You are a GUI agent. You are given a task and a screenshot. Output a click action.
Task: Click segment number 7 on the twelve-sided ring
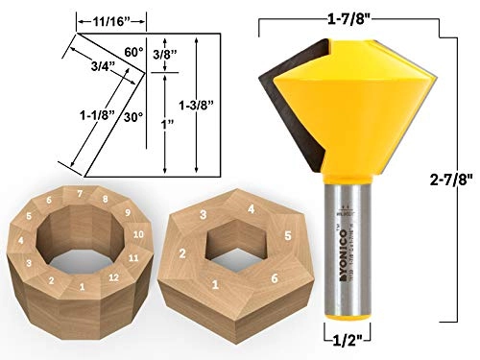pos(80,195)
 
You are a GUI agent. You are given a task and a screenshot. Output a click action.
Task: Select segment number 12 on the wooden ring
pos(113,278)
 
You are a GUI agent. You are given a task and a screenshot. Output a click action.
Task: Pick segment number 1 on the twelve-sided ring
pos(83,287)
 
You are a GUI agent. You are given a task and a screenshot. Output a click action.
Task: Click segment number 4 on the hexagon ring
pos(250,208)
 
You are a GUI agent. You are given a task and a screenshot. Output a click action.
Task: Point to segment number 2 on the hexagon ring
pos(181,253)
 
